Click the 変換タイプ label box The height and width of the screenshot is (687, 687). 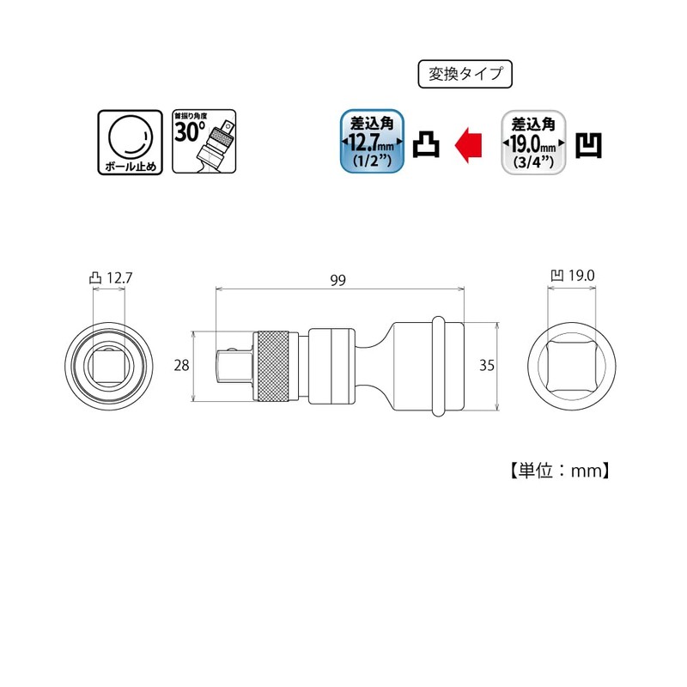[465, 74]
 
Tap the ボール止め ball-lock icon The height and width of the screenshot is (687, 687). [131, 143]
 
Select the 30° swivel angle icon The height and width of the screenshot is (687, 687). [204, 142]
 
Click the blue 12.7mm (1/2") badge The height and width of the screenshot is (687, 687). [373, 141]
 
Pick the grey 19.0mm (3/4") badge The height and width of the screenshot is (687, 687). [533, 143]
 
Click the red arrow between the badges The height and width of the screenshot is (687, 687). [468, 144]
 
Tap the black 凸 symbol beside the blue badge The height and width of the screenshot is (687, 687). [426, 144]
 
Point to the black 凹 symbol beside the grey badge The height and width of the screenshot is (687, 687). [588, 145]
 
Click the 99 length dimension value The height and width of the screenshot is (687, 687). [337, 281]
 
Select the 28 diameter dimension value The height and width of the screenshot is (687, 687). [181, 366]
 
